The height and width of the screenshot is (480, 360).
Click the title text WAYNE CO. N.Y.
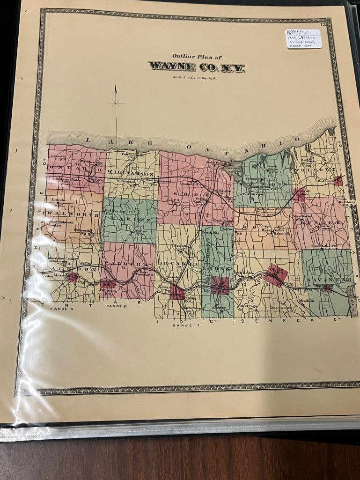(197, 66)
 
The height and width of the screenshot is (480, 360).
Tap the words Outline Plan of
(194, 56)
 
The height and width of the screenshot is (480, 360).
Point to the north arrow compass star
(116, 103)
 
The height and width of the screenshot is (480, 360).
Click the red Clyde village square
(275, 274)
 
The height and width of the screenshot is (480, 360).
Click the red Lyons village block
(219, 283)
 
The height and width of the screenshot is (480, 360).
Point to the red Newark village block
(177, 293)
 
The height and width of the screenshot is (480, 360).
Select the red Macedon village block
(72, 278)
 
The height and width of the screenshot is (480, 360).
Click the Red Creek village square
(338, 181)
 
